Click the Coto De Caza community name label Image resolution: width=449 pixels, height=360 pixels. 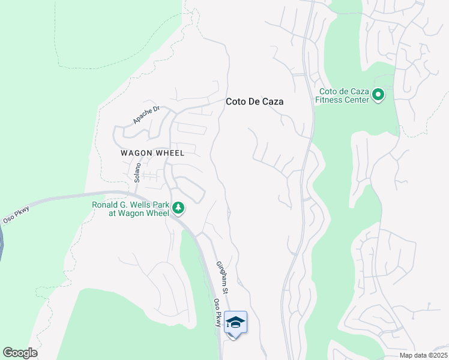pos(255,102)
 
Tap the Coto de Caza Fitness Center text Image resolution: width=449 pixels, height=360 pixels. pos(343,95)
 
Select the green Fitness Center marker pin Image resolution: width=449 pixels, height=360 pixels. pos(378,95)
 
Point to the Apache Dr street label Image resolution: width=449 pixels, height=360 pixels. pos(146,115)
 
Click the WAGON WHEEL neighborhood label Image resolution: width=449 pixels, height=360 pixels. pos(152,153)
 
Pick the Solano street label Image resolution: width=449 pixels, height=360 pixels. pos(137,172)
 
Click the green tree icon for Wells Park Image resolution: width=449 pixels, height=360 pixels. pos(178,208)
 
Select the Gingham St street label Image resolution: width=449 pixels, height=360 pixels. pos(223,277)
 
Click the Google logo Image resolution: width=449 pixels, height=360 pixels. pos(20,353)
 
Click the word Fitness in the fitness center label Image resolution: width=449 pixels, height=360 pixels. pos(333,100)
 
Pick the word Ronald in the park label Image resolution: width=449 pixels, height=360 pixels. pos(105,205)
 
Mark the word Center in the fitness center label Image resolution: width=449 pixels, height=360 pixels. pos(358,100)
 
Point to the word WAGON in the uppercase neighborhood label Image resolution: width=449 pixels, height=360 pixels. pos(135,153)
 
